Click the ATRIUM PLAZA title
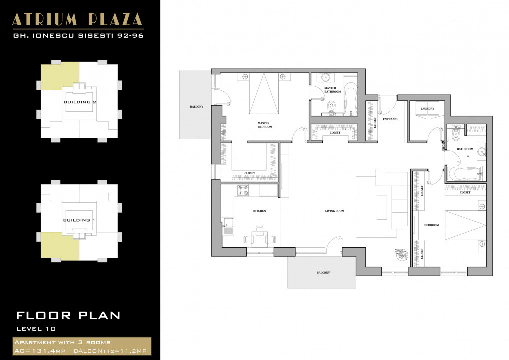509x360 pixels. point(77,19)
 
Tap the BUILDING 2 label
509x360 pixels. point(80,102)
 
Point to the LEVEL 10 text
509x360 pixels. point(36,329)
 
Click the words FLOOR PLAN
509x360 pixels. point(68,315)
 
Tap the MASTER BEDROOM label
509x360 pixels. point(265,125)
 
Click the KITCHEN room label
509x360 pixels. point(259,211)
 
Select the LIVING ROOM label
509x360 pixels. point(335,211)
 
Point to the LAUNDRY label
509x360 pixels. point(427,108)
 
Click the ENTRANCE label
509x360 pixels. point(390,119)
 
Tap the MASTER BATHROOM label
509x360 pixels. point(332,90)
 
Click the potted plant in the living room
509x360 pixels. point(401,254)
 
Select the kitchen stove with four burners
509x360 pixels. point(243,190)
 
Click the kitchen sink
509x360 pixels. point(228,225)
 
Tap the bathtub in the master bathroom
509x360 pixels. point(351,97)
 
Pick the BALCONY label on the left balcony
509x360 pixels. point(196,107)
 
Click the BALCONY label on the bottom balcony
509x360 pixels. point(323,273)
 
